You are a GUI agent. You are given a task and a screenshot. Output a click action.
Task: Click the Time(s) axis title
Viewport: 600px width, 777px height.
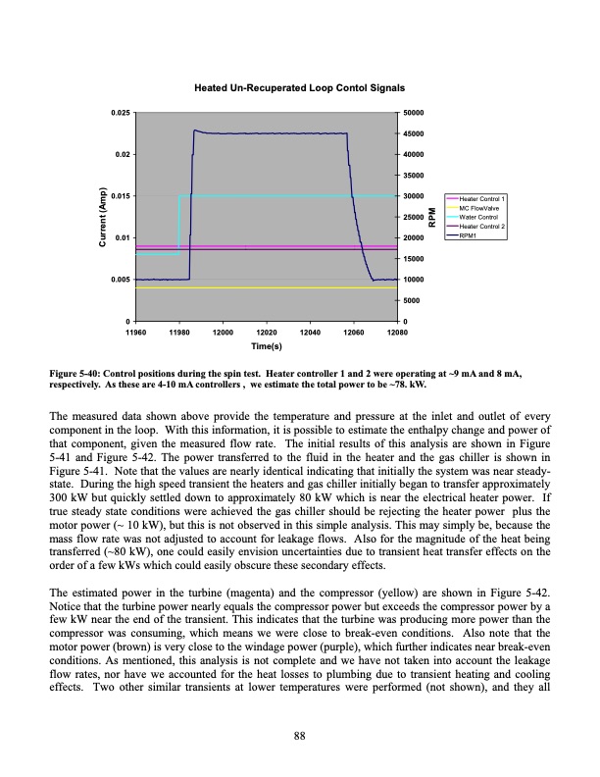click(266, 346)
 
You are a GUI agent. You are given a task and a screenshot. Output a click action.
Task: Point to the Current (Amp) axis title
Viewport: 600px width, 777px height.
click(98, 217)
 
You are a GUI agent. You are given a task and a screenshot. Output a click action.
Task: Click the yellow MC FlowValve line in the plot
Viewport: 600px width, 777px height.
click(265, 288)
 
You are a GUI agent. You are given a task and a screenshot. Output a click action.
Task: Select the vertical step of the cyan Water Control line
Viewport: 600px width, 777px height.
click(177, 226)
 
